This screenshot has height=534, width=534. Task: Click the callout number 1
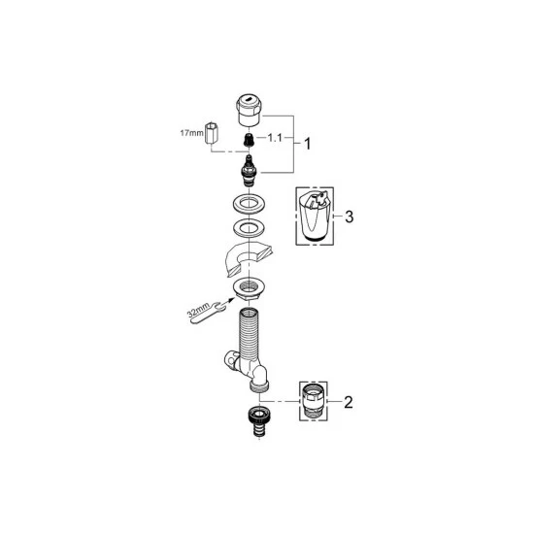(308, 143)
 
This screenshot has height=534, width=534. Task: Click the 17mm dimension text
(192, 132)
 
